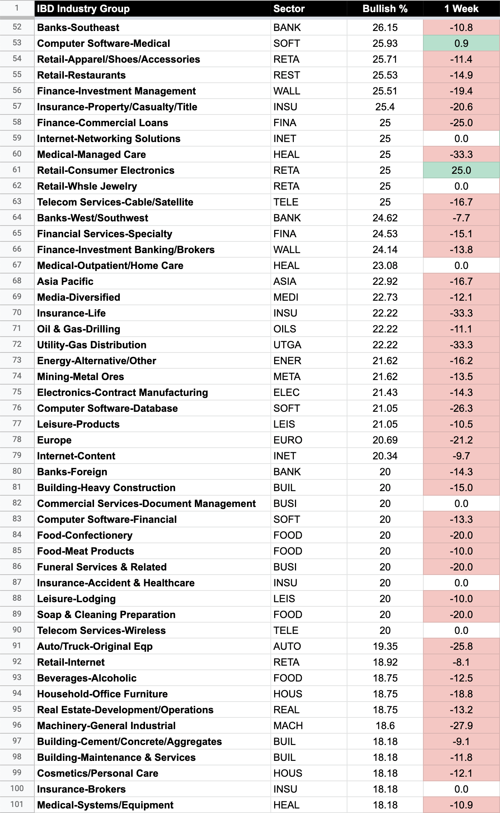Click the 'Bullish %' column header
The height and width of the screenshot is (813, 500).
tap(385, 9)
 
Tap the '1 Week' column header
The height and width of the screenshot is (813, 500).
tap(461, 9)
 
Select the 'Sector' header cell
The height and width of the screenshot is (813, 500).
tap(289, 9)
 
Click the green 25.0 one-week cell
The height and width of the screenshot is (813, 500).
tap(461, 170)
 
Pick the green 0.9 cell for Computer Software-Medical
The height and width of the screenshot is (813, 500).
tap(461, 43)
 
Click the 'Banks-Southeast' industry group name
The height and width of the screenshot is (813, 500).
tap(78, 28)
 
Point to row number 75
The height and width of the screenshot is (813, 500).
tap(17, 392)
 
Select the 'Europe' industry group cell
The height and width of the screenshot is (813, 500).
tap(54, 440)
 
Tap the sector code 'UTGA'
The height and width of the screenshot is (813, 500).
tap(287, 345)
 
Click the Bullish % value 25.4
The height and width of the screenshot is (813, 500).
tap(385, 107)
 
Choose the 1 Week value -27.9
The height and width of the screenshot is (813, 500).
tap(461, 726)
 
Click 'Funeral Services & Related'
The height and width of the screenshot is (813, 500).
tap(102, 567)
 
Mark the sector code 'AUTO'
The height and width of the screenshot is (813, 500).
tap(287, 646)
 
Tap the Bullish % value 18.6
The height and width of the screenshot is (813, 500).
tap(385, 726)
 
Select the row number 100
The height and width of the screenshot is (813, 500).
tap(17, 788)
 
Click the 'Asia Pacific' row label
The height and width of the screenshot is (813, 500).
tap(65, 281)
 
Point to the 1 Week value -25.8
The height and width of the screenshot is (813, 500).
tap(461, 646)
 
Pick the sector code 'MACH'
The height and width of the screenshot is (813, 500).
tap(288, 726)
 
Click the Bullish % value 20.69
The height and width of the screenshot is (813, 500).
tap(385, 440)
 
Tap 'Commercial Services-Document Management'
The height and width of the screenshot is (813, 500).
tap(146, 504)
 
